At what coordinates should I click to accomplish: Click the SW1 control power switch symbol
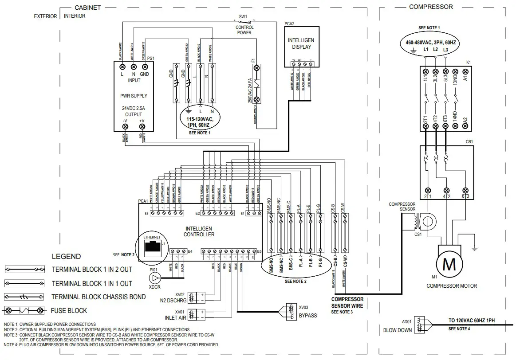243,21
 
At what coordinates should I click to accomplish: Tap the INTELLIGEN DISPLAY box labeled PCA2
300,43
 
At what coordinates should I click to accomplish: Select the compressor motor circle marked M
449,265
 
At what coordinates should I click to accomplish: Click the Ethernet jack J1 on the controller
153,247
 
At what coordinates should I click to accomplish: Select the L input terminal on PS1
122,66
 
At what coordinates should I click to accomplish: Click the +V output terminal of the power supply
142,127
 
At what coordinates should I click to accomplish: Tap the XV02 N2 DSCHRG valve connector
192,297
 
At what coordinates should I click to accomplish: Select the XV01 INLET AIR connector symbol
192,314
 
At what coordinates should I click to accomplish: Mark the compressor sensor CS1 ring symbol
428,220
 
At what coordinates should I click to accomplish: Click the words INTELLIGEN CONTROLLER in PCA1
200,231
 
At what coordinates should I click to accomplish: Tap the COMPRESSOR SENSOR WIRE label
347,302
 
